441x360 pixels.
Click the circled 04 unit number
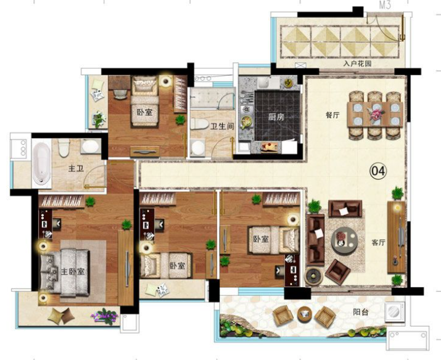tap(378, 171)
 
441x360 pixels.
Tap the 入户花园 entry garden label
tap(357, 63)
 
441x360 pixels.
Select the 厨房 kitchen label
tap(276, 117)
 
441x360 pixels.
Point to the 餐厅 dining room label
tap(332, 115)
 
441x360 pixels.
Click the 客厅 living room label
tap(378, 242)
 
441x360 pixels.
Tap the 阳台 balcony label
tap(361, 312)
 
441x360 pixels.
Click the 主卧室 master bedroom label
tap(73, 271)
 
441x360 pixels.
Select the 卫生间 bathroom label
tap(222, 126)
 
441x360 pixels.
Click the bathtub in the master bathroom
tap(41, 164)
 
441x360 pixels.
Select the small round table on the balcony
tap(304, 313)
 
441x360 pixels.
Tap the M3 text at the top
tap(385, 6)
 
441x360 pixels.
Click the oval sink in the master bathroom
tap(90, 147)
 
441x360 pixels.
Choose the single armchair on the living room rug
tap(337, 271)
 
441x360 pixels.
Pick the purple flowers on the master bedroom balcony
tap(104, 316)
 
